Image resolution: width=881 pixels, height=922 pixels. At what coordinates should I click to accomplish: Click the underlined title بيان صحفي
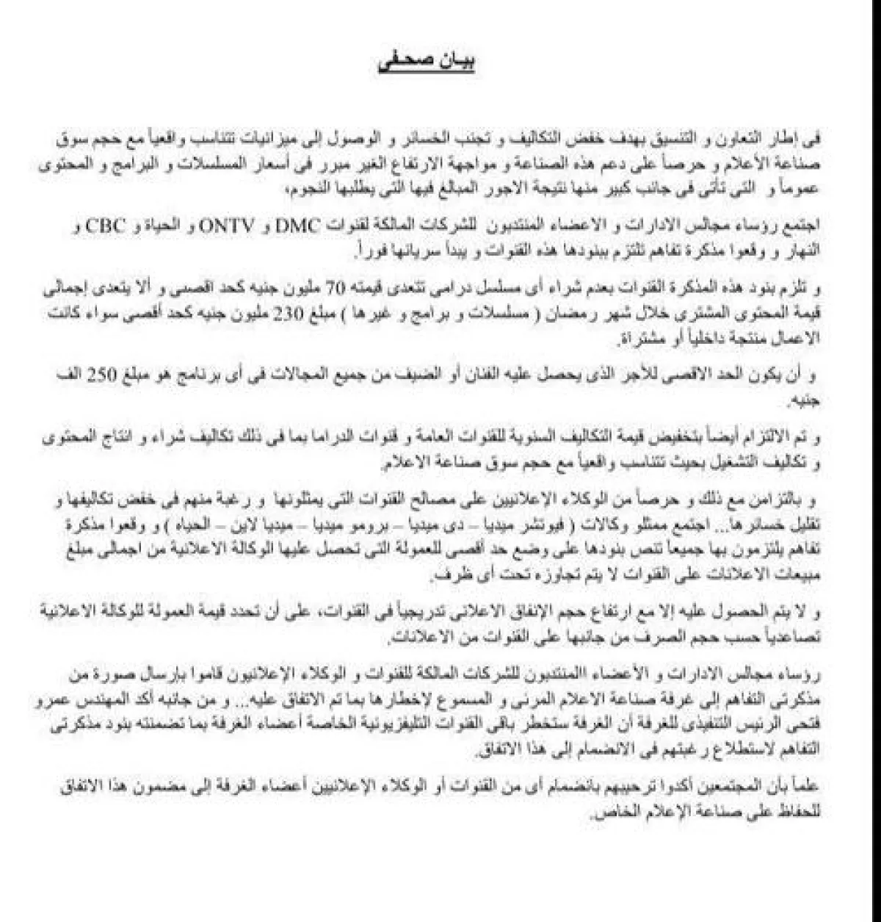(x=425, y=63)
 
